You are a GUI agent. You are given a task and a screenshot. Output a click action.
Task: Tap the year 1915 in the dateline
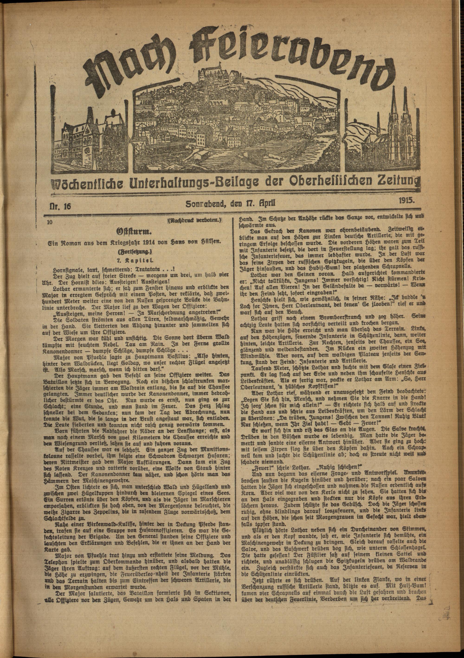click(x=406, y=201)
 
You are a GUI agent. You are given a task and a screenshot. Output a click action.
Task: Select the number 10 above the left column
click(x=50, y=222)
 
